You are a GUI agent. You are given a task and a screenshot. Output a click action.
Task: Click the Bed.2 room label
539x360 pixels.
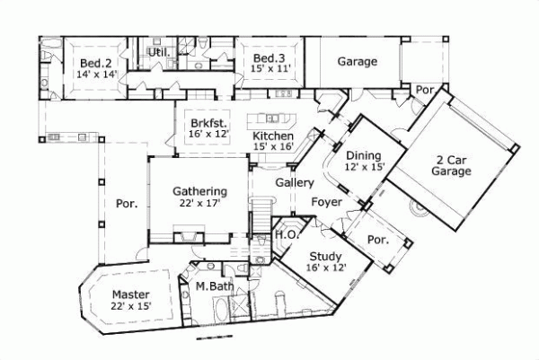[x=95, y=62]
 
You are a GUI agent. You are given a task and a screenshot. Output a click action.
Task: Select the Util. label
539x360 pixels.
[x=159, y=52]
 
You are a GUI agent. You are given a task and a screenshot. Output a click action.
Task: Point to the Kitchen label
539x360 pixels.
[x=272, y=136]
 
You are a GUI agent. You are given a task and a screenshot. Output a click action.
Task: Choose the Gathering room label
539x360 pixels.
[x=199, y=191]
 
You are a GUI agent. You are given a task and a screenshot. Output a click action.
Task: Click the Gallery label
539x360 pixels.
[x=294, y=182]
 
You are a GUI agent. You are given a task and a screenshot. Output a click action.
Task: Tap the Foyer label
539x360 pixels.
[x=326, y=202]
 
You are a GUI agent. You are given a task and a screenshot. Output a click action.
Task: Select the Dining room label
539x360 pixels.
[x=364, y=154]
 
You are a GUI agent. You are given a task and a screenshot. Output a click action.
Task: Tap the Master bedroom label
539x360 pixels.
[x=130, y=294]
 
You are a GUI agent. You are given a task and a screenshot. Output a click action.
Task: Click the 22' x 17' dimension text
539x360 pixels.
[x=199, y=204]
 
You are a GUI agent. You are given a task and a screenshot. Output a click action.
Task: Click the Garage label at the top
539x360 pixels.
[x=357, y=62]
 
